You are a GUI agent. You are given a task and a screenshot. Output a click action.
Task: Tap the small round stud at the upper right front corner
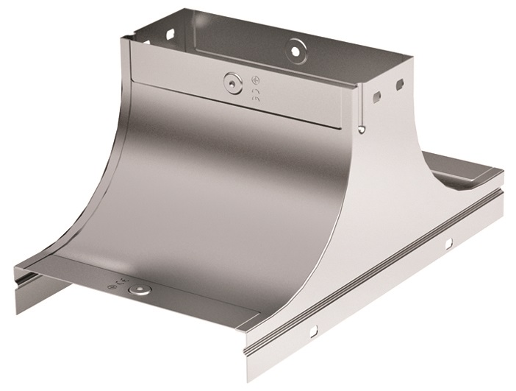362,130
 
